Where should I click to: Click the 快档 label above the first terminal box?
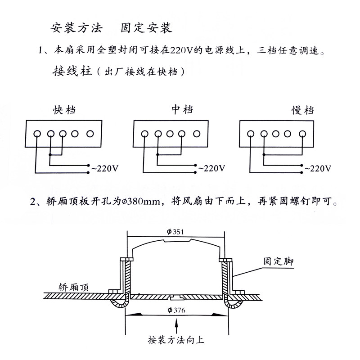click(x=65, y=109)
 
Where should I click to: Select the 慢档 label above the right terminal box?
click(x=302, y=110)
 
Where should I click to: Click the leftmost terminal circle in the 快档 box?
click(x=38, y=134)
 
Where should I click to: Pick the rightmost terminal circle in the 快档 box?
click(x=90, y=134)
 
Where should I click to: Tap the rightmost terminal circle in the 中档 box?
click(x=197, y=134)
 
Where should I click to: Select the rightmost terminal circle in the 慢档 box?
click(x=303, y=134)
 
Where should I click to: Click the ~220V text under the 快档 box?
click(x=105, y=169)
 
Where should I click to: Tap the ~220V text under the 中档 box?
click(x=211, y=169)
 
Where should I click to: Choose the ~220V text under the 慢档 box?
click(x=318, y=169)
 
